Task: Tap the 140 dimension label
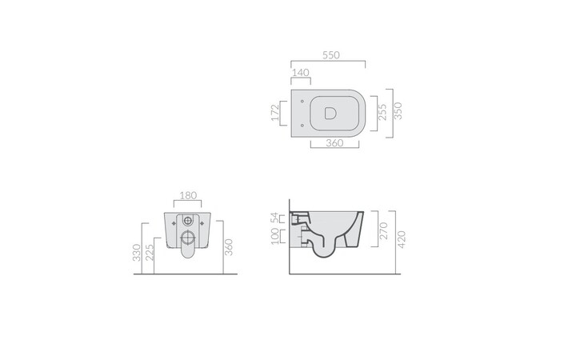pyautogui.click(x=301, y=72)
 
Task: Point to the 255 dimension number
pyautogui.click(x=382, y=112)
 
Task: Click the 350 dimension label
pyautogui.click(x=398, y=112)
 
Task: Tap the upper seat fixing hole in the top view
pyautogui.click(x=300, y=102)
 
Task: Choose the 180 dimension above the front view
pyautogui.click(x=188, y=194)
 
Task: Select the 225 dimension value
pyautogui.click(x=150, y=256)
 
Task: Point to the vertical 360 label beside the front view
pyautogui.click(x=229, y=249)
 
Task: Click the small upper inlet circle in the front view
pyautogui.click(x=188, y=221)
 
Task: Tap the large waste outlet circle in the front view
pyautogui.click(x=188, y=238)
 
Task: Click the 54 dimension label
pyautogui.click(x=275, y=218)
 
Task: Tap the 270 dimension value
pyautogui.click(x=382, y=231)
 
